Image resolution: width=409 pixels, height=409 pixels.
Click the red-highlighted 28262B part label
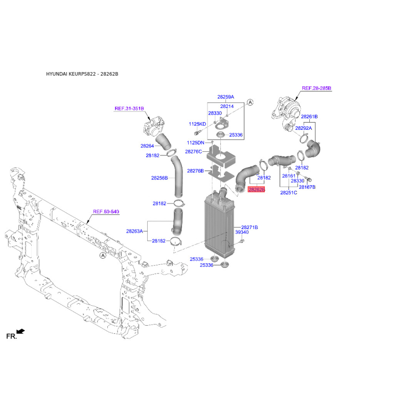click(256, 189)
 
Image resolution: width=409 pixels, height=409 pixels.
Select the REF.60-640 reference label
click(106, 211)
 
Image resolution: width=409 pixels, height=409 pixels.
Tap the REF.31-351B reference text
click(129, 108)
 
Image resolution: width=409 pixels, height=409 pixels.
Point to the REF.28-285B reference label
click(316, 88)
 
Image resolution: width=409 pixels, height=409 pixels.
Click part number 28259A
click(225, 97)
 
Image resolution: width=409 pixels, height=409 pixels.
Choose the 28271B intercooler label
click(249, 227)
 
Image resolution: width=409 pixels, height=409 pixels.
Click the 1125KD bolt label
click(197, 124)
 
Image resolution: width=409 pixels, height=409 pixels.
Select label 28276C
click(193, 151)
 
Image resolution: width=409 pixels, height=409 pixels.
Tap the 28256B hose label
click(160, 178)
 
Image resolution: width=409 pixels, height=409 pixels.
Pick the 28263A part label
click(134, 231)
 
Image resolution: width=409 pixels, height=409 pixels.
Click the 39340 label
click(242, 232)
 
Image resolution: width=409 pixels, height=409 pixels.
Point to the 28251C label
click(288, 193)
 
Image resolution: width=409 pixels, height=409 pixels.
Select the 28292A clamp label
click(303, 128)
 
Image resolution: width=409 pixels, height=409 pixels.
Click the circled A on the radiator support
click(103, 255)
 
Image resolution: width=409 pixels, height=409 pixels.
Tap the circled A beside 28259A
click(250, 102)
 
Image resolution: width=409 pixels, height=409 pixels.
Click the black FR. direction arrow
click(20, 331)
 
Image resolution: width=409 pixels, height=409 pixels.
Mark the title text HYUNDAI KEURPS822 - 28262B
click(82, 74)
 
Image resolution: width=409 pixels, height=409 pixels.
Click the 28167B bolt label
click(307, 187)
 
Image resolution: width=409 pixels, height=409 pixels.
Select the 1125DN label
click(196, 143)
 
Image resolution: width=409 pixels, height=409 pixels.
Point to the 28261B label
click(309, 117)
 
